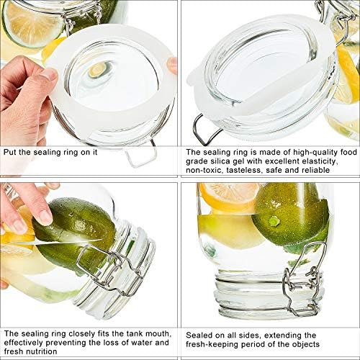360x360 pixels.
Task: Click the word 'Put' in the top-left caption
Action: coord(10,152)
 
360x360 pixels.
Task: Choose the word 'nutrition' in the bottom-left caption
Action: coord(42,351)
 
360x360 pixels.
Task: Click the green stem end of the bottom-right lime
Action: coord(273,221)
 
